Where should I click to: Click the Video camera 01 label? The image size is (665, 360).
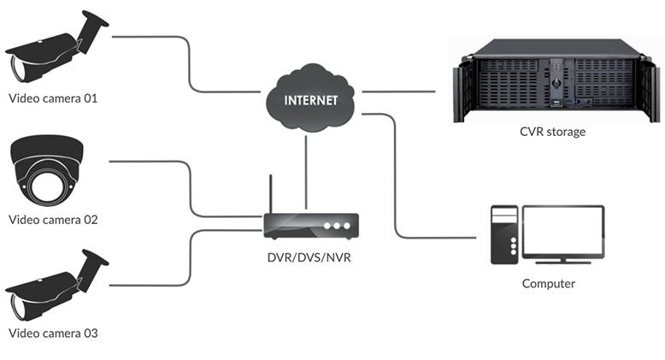click(x=53, y=98)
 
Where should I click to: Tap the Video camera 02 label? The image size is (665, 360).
click(x=53, y=220)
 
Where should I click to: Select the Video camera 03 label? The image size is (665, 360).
click(x=53, y=333)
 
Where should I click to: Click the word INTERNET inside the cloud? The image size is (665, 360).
click(x=309, y=100)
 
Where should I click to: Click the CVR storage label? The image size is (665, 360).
click(x=553, y=132)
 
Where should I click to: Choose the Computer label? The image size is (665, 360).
click(x=548, y=283)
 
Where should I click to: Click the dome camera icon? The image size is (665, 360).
click(x=47, y=168)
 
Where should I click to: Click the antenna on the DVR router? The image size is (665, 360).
click(x=271, y=194)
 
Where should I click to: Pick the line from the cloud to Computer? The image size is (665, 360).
click(x=395, y=180)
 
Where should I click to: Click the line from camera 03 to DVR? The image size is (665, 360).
click(x=190, y=257)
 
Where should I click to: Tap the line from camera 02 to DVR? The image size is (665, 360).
click(x=190, y=190)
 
